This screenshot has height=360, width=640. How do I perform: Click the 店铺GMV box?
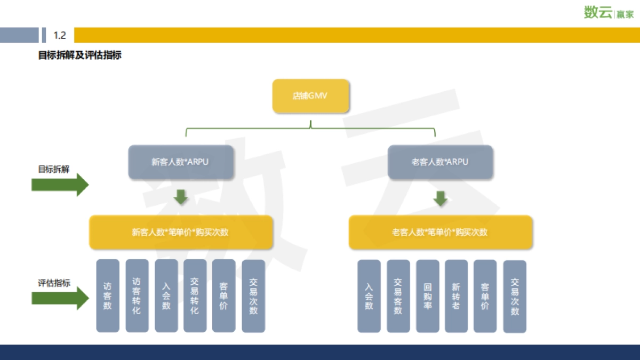coord(310,97)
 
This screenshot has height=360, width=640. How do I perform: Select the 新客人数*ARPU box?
coord(181,162)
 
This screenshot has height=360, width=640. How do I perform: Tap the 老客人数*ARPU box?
coord(440,162)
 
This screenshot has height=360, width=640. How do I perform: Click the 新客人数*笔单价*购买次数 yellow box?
coord(181,232)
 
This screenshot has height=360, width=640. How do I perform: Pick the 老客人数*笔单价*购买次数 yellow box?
coord(440,232)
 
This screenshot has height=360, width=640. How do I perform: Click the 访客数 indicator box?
coord(108,295)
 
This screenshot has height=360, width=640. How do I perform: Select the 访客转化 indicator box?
coord(137,295)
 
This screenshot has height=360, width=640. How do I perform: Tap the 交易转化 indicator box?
coord(195,295)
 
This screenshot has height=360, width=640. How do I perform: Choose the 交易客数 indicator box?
coord(398,296)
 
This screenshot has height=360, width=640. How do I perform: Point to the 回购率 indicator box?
coord(427,296)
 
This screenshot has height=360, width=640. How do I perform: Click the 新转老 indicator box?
coord(456,296)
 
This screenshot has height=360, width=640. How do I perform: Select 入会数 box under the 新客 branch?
coord(166,295)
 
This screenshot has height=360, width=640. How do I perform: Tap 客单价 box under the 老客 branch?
coord(485,296)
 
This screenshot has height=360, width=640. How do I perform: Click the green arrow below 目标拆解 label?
coord(60,185)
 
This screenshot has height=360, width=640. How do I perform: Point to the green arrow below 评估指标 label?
coord(60,298)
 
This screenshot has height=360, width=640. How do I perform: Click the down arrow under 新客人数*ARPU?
coord(181,196)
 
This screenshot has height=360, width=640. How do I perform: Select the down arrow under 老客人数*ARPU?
coord(440,198)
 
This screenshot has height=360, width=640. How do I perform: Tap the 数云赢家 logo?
coord(609,12)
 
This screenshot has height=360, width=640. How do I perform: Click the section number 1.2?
coord(60,35)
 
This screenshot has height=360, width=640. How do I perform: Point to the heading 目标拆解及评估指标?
coord(80,55)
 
